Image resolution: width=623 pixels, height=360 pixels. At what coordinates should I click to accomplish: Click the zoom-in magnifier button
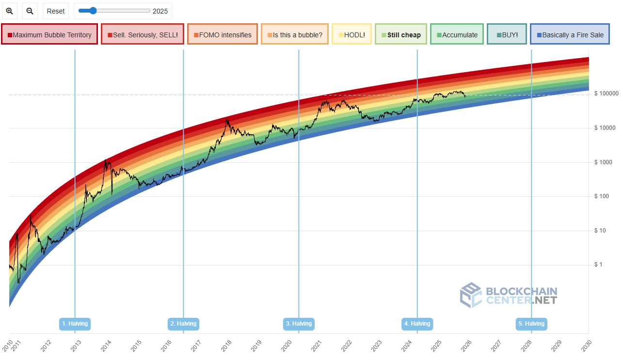click(9, 11)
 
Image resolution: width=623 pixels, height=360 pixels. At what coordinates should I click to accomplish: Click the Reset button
click(56, 11)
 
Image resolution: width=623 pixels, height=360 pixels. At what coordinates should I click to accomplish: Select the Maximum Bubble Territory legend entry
click(49, 34)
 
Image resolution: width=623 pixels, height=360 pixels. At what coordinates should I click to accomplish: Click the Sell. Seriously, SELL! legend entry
click(143, 34)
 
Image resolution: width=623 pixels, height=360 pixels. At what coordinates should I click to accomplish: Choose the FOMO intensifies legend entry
click(223, 34)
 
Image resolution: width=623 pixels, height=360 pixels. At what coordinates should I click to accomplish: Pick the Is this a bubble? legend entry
click(294, 34)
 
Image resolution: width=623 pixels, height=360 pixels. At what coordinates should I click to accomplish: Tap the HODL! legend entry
click(352, 34)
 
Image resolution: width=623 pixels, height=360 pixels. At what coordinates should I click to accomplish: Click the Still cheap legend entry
click(401, 34)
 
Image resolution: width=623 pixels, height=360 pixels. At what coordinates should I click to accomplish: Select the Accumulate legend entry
click(457, 34)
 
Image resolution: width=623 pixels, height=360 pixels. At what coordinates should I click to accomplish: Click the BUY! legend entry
click(507, 34)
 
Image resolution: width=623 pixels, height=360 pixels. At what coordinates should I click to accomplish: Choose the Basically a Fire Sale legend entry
click(569, 34)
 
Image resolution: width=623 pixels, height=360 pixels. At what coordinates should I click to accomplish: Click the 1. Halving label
click(75, 324)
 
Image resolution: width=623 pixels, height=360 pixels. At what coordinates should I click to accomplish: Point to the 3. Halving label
click(299, 324)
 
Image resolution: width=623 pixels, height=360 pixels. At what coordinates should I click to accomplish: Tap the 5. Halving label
click(531, 324)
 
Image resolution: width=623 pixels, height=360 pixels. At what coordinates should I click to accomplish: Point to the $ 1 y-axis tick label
click(598, 265)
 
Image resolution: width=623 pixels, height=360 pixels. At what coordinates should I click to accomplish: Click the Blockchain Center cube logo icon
click(470, 295)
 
